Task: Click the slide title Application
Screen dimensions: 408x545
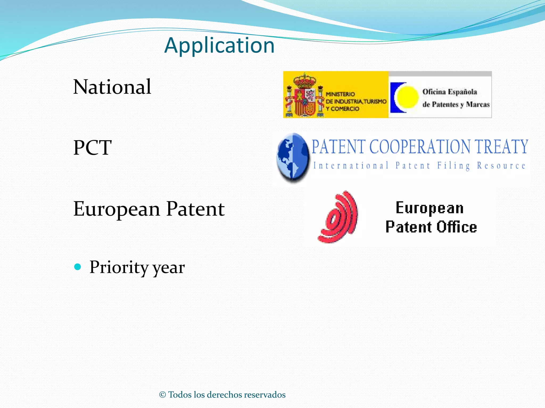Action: (x=219, y=45)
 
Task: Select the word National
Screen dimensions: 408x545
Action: (x=112, y=87)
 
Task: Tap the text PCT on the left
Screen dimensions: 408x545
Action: (x=92, y=148)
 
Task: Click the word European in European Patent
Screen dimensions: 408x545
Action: (x=117, y=209)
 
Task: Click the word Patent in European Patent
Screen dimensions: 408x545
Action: (x=195, y=209)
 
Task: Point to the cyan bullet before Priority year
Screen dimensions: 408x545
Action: (x=77, y=267)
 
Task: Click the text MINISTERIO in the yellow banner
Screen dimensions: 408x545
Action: (x=340, y=94)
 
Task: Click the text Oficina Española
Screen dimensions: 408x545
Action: (x=450, y=92)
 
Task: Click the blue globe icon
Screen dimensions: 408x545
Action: (x=292, y=157)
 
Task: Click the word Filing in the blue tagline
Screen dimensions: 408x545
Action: (x=453, y=165)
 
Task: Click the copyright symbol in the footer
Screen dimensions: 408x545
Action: (x=162, y=395)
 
